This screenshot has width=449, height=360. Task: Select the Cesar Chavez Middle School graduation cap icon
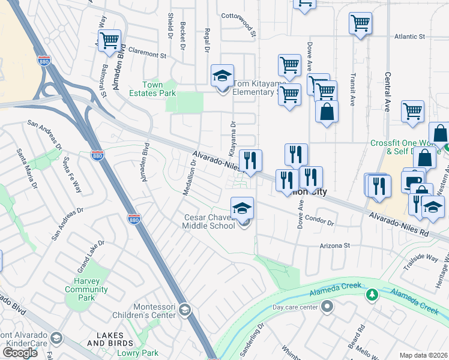click(243, 208)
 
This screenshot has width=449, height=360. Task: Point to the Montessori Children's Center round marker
click(185, 310)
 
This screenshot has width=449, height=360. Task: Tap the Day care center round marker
click(327, 307)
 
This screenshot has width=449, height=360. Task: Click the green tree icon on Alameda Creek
click(372, 295)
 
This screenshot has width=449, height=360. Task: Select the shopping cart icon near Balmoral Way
click(109, 41)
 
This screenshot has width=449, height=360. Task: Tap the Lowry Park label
click(142, 353)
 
